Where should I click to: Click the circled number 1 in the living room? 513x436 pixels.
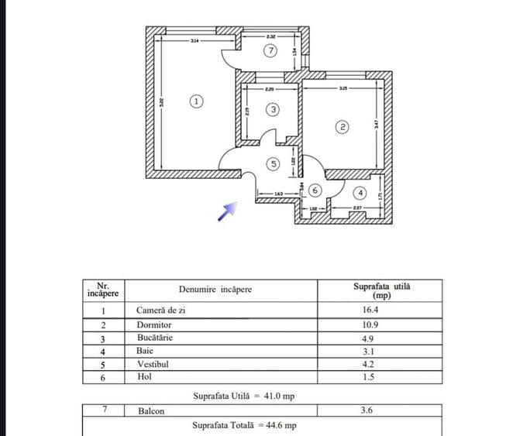click(197, 101)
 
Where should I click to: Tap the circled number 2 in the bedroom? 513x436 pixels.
click(342, 126)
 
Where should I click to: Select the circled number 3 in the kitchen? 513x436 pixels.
click(273, 110)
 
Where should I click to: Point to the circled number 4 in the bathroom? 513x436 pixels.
click(360, 193)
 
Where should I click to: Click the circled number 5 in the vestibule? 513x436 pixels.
click(273, 163)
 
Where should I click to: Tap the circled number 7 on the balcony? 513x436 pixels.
click(269, 52)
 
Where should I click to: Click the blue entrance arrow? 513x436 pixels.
click(227, 211)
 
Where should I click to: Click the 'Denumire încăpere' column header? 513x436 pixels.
click(215, 290)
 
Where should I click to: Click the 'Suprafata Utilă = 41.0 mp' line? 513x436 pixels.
click(244, 396)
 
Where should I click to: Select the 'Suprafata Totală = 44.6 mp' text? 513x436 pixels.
click(244, 425)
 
